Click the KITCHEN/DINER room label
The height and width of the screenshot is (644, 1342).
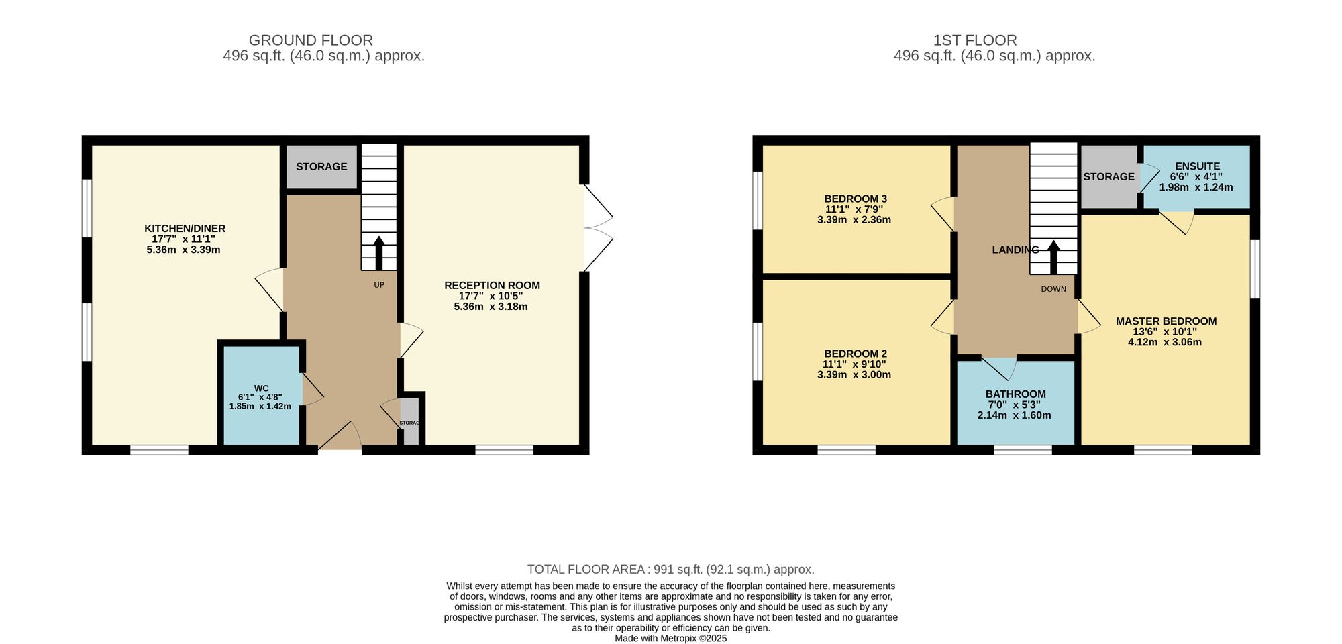coord(185,229)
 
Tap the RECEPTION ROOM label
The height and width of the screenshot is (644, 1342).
coord(492,286)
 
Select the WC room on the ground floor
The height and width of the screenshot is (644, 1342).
coord(261,396)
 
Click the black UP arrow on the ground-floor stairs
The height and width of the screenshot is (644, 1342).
coord(379,253)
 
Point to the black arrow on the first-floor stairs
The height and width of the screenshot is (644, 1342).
coord(1053,257)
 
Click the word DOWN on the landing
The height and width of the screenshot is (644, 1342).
coord(1053,289)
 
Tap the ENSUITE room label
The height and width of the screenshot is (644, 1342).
coord(1197,166)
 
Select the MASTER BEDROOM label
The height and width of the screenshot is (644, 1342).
coord(1166,321)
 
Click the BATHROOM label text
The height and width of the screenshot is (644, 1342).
coord(1015,394)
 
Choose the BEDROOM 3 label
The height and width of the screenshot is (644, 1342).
coord(856,199)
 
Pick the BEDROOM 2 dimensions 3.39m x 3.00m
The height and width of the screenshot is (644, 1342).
coord(854,375)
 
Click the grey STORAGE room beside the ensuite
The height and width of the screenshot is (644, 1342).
coord(1108,177)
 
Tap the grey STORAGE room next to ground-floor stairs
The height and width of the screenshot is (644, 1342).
coord(321,167)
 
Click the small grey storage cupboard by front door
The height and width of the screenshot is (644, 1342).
coord(409,423)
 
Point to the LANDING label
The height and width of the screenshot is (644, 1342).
coord(1015,250)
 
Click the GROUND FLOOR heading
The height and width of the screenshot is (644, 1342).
coord(311,40)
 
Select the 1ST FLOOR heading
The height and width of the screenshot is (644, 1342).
coord(975,40)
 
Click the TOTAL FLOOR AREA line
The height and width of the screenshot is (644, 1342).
coord(670,570)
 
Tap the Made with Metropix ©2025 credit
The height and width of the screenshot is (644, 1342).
coord(670,639)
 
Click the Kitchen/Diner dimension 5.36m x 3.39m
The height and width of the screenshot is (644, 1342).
coord(183,250)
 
